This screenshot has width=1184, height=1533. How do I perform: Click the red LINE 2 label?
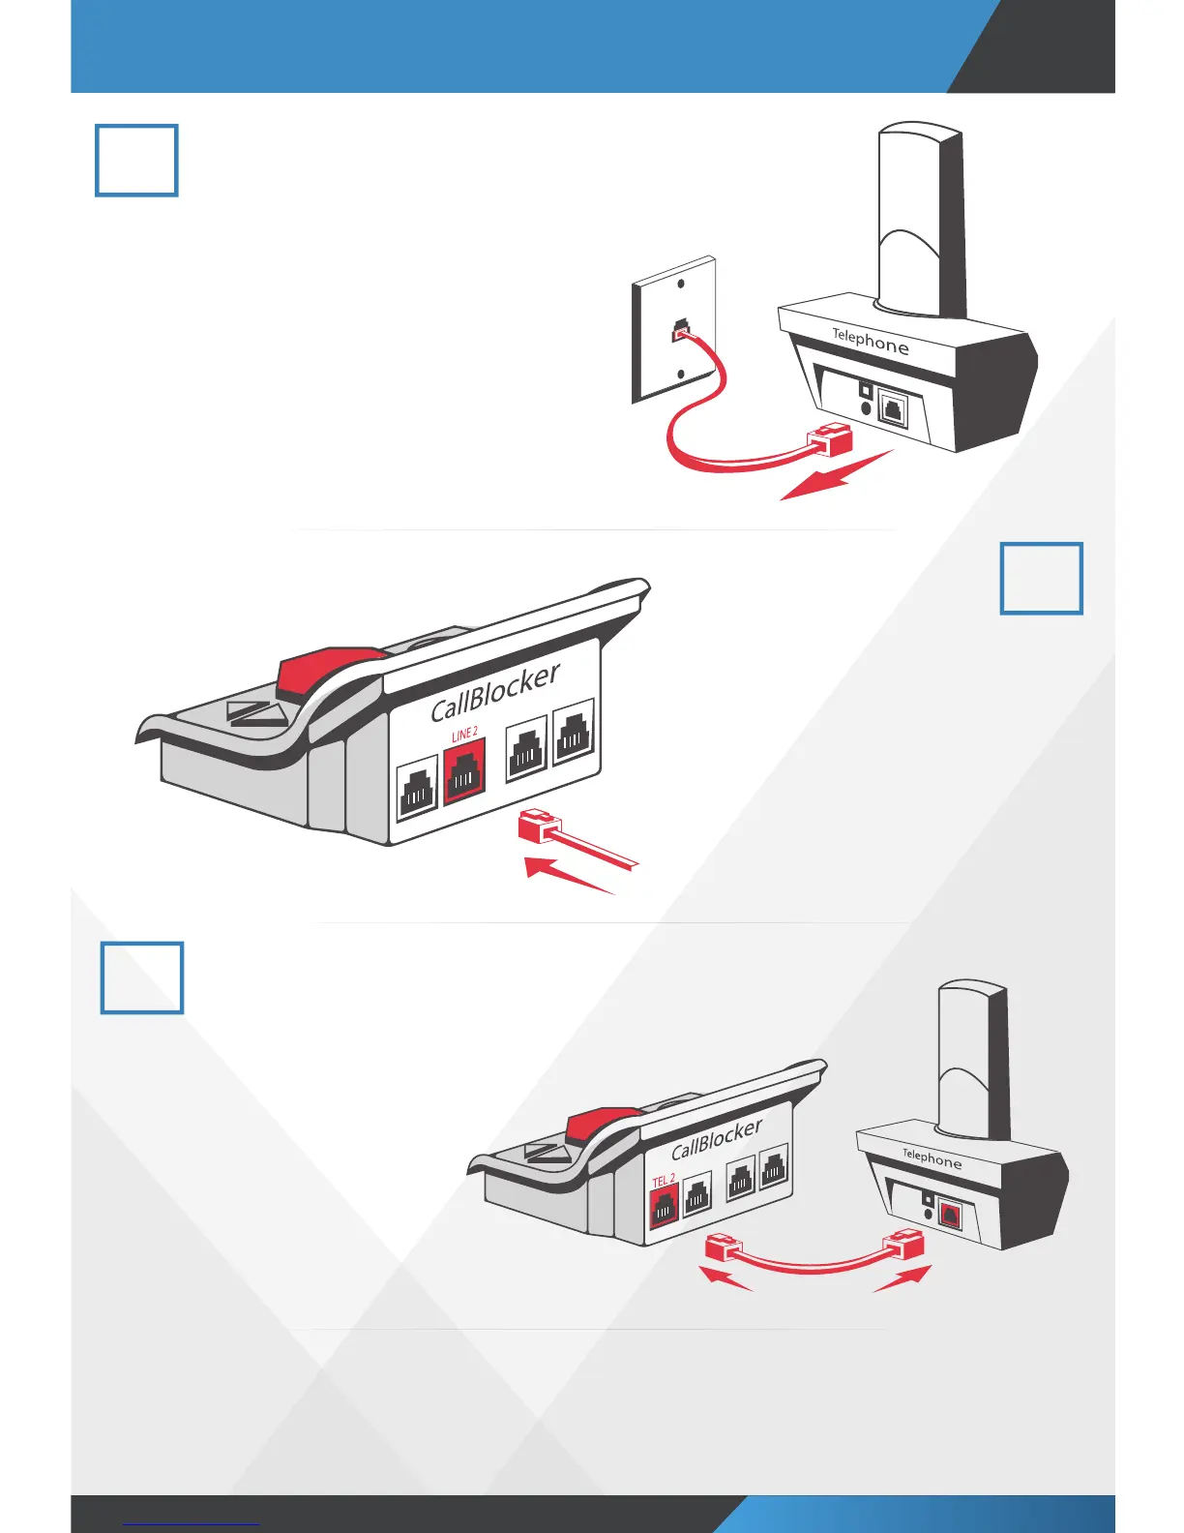464,735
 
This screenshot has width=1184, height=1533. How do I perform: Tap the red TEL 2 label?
664,1181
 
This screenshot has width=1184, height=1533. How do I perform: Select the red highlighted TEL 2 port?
664,1209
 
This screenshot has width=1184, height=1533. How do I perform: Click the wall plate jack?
681,330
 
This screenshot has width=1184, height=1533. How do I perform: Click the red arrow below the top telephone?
834,477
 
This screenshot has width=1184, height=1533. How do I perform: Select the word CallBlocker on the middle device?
495,693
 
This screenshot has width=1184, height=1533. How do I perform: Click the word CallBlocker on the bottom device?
717,1138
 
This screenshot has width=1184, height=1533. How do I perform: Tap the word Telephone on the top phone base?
871,341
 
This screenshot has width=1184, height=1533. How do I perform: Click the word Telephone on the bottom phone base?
932,1157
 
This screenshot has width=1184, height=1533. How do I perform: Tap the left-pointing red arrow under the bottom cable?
725,1278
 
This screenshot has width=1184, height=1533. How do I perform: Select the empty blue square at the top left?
136,161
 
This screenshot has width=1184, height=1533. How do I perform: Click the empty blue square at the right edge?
1041,579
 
